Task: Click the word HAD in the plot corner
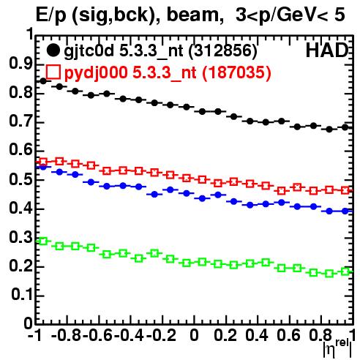pos(327,50)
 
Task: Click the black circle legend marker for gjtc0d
pos(53,50)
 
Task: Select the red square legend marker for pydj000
pos(53,72)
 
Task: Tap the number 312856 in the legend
pos(222,50)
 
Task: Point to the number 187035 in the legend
pos(236,72)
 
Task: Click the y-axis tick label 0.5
pos(21,179)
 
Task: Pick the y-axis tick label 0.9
pos(21,64)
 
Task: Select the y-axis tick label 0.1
pos(22,295)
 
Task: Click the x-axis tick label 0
pos(194,336)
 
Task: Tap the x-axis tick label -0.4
pos(130,336)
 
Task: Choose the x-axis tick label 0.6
pos(289,336)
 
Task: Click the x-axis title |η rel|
pos(337,348)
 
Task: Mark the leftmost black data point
pos(43,81)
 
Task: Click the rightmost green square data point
pos(345,271)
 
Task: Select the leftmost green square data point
pos(43,241)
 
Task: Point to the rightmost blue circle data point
pos(345,211)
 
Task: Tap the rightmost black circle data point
pos(345,127)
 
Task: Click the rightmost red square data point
pos(345,190)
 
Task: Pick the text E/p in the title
pos(50,15)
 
